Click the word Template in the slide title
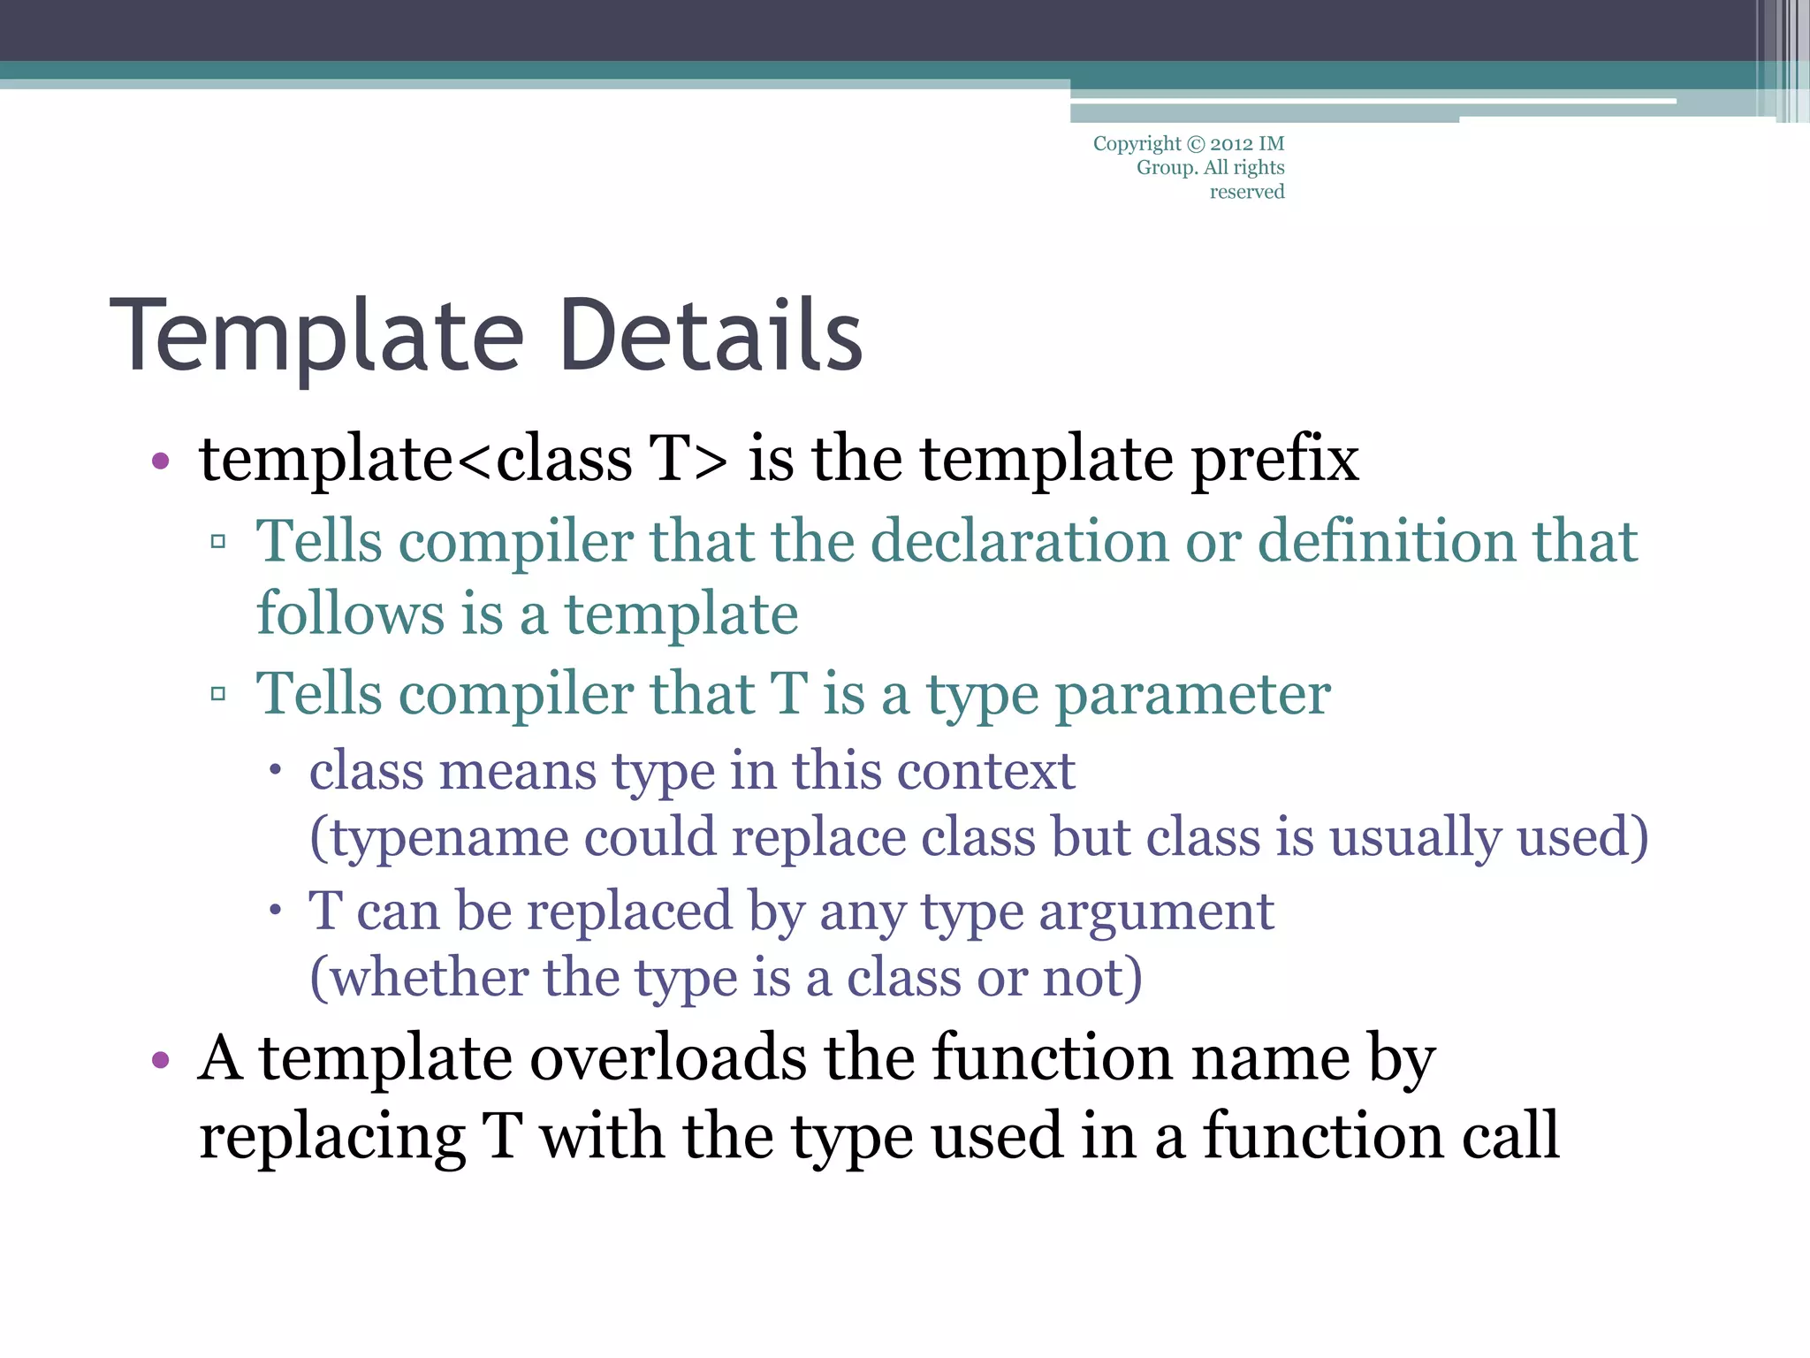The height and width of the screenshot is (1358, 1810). point(318,338)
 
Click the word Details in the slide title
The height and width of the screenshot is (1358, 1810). point(711,336)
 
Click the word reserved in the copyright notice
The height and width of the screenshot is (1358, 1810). point(1246,192)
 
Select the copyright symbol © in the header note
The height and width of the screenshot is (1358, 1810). point(1195,144)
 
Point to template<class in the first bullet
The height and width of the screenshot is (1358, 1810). point(415,460)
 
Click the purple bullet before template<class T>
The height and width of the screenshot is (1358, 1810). point(160,461)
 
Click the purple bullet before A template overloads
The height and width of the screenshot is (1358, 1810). point(160,1059)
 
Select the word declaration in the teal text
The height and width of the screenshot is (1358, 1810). point(1020,541)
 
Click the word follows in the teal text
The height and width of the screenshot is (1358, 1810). point(351,614)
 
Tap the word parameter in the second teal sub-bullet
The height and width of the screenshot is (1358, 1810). point(1193,694)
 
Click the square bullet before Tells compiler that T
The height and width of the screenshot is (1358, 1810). point(218,694)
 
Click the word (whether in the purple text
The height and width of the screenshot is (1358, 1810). point(418,978)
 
